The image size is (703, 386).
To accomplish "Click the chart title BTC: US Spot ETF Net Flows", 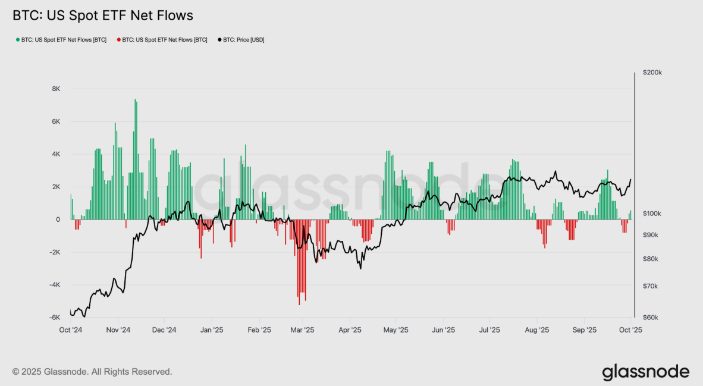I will (103, 16).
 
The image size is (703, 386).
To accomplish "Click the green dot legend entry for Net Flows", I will (61, 40).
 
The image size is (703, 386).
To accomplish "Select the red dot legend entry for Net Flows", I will (162, 40).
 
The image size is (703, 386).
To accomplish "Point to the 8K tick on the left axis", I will (56, 89).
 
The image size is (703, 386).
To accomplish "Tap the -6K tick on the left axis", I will (55, 318).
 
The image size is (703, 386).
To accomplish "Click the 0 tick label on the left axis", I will (58, 219).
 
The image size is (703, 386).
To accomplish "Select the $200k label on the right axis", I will (652, 73).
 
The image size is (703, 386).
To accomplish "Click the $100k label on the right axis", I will (652, 214).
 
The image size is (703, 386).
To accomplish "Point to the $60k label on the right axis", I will (651, 318).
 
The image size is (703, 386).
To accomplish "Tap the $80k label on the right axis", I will (651, 259).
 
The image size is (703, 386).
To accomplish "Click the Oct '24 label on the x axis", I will (70, 329).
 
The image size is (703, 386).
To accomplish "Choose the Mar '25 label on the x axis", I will (303, 329).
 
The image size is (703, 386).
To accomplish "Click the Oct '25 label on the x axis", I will (630, 329).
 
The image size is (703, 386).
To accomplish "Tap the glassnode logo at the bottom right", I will (645, 372).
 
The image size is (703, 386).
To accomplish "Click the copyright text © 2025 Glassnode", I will (92, 372).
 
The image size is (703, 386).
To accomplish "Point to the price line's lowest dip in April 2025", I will (360, 268).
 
